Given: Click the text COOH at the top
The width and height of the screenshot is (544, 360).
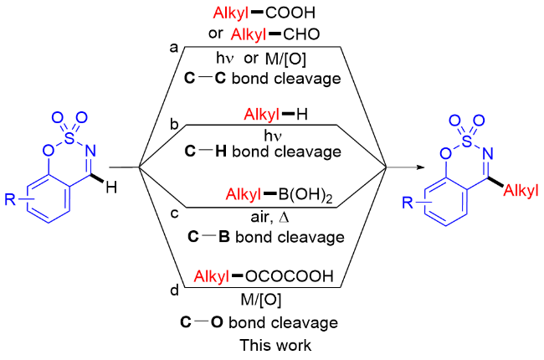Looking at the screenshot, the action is (x=290, y=13).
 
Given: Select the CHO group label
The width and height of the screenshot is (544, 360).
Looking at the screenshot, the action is (x=301, y=34).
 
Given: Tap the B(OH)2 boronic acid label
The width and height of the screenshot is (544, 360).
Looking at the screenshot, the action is (x=305, y=195).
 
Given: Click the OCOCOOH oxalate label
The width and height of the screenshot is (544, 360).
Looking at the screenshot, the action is (x=289, y=276).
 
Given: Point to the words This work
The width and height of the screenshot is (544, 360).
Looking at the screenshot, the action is (x=275, y=345).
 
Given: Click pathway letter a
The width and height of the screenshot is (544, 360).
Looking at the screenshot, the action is (x=174, y=48).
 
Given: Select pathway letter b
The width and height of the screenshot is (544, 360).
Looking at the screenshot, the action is (x=174, y=123).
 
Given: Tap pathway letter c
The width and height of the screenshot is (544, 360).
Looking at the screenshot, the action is (x=175, y=213).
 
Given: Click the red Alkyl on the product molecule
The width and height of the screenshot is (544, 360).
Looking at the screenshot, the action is (x=521, y=190).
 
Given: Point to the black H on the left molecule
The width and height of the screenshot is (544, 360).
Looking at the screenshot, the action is (x=111, y=188).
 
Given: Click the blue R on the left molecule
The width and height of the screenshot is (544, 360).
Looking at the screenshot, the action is (x=10, y=199).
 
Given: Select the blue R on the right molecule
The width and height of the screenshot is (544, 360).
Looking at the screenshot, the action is (x=408, y=202).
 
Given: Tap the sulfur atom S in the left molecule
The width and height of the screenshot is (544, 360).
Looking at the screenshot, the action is (x=69, y=138).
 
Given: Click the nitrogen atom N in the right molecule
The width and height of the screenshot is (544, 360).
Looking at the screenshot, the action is (x=488, y=153).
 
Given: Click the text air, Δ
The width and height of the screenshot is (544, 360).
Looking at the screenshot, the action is (x=270, y=217).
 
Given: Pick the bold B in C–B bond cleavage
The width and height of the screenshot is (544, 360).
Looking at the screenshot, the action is (x=224, y=237).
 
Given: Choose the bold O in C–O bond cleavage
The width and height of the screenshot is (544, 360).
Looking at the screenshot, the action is (x=217, y=322).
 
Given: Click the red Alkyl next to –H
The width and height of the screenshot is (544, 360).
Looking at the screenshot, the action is (x=261, y=114).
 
